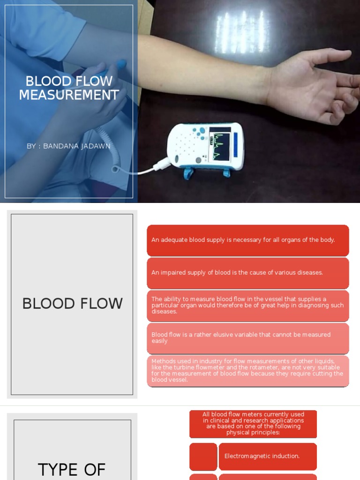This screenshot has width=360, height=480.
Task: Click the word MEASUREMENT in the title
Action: tap(69, 95)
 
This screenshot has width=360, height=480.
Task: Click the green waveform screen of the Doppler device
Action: tap(220, 145)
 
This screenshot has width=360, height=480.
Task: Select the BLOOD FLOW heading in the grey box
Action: tap(72, 304)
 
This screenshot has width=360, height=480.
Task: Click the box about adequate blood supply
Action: tap(247, 240)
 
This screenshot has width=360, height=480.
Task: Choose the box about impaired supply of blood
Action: tap(247, 273)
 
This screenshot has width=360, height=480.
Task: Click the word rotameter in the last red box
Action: tap(255, 367)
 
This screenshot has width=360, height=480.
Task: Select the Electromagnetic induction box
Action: tap(267, 456)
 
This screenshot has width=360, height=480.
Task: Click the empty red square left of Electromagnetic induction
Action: tap(203, 456)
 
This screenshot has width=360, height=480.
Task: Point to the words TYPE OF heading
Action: tap(72, 469)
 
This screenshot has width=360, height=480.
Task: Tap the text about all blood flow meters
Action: tap(253, 424)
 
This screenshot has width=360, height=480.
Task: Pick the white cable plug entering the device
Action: tap(164, 164)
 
